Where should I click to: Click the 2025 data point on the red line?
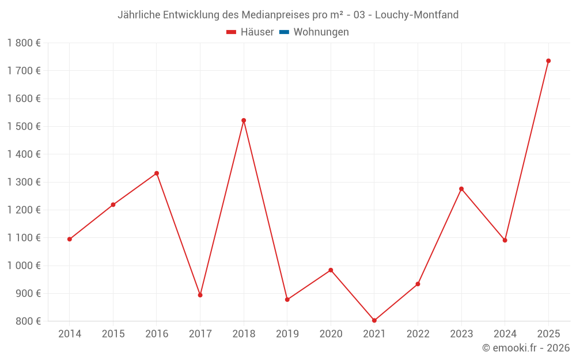pos(548,60)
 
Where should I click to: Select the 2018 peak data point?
pos(244,120)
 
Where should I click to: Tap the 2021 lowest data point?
pos(374,320)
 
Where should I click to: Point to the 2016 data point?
pos(157,173)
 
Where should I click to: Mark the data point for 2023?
pos(461,189)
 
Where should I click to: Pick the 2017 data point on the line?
pos(200,295)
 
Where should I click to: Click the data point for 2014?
pos(70,239)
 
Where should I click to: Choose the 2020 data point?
pos(331,270)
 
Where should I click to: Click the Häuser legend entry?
pos(251,32)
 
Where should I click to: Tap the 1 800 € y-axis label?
pos(24,43)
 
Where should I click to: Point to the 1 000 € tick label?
pos(24,266)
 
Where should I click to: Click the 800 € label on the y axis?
pos(28,321)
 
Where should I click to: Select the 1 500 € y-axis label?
pos(24,126)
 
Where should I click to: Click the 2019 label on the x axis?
pos(287,334)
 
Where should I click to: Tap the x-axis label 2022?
pos(418,334)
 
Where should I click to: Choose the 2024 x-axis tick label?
pos(505,334)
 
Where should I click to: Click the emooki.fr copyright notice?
pos(526,348)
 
